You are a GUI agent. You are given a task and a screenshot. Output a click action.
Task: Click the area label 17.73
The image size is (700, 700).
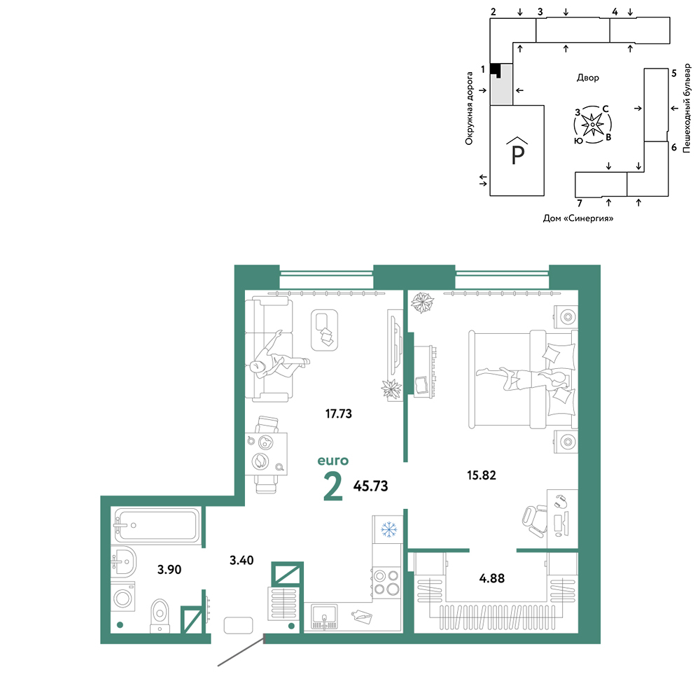tap(338, 414)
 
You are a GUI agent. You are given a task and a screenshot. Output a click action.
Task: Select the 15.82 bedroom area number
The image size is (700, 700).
tap(482, 475)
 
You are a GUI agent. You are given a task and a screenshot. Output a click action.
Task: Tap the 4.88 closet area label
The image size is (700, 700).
tap(492, 578)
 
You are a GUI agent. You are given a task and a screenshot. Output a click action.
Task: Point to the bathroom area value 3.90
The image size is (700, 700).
tap(169, 570)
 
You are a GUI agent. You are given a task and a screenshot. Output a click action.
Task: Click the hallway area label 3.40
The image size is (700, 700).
tap(241, 560)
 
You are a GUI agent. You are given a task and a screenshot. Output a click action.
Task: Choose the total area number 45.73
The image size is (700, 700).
tap(370, 486)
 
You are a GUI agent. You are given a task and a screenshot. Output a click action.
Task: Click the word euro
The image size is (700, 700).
tap(333, 461)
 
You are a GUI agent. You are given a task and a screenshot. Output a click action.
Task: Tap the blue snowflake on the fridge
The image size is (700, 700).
tap(388, 529)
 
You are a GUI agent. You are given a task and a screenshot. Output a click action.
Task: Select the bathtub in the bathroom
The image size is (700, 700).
tap(155, 526)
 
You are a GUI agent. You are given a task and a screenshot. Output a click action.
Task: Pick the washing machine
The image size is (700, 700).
tap(122, 598)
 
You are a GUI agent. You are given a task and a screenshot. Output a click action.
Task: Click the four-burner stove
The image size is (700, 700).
tap(387, 582)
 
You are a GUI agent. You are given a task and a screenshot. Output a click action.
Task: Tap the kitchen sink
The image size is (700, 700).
tap(325, 617)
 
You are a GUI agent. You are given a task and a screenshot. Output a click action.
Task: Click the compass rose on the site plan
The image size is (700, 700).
tap(592, 125)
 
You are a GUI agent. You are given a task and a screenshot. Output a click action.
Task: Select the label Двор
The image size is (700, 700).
tap(588, 78)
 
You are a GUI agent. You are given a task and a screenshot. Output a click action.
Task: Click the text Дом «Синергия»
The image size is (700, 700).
tap(578, 218)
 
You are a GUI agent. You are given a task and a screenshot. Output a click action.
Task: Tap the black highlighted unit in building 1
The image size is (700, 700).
tap(495, 69)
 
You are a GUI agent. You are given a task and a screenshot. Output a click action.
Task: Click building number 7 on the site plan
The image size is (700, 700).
tap(580, 204)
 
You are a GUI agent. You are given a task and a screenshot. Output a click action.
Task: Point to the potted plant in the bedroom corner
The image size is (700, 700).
tap(422, 303)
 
